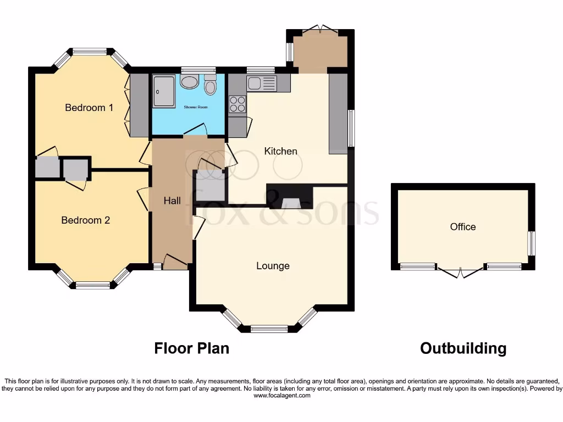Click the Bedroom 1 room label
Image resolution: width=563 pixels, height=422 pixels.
pyautogui.click(x=89, y=108)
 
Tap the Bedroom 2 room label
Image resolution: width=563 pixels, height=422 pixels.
pyautogui.click(x=85, y=220)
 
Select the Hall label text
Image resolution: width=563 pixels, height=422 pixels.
pyautogui.click(x=172, y=201)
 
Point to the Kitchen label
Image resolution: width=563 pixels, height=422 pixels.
pyautogui.click(x=280, y=151)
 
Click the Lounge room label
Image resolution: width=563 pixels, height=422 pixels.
pyautogui.click(x=273, y=266)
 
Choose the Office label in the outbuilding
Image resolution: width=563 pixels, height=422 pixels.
pyautogui.click(x=462, y=227)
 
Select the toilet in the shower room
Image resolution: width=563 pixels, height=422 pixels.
pyautogui.click(x=211, y=87)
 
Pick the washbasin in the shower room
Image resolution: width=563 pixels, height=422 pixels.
pyautogui.click(x=190, y=82)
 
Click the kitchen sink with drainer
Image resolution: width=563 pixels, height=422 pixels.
pyautogui.click(x=261, y=84)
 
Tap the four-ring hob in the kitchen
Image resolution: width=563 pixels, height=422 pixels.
pyautogui.click(x=237, y=104)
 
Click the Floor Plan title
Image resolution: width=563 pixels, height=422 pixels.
pyautogui.click(x=191, y=348)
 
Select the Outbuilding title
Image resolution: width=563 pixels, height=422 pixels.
pyautogui.click(x=463, y=348)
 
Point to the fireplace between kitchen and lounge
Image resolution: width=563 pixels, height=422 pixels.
pyautogui.click(x=289, y=198)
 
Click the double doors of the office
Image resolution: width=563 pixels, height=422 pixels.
pyautogui.click(x=460, y=272)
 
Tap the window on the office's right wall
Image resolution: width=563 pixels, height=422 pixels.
pyautogui.click(x=532, y=243)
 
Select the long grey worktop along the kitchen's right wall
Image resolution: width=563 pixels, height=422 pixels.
pyautogui.click(x=338, y=113)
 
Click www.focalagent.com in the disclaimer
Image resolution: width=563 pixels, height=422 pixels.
pyautogui.click(x=281, y=395)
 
